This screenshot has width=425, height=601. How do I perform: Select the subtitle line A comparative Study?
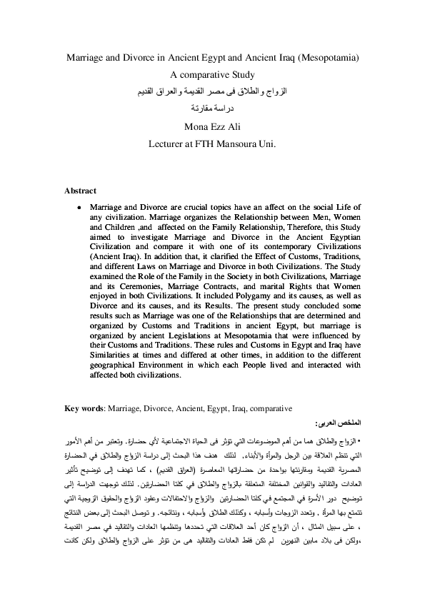212,74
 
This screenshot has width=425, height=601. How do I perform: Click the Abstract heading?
81,191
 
